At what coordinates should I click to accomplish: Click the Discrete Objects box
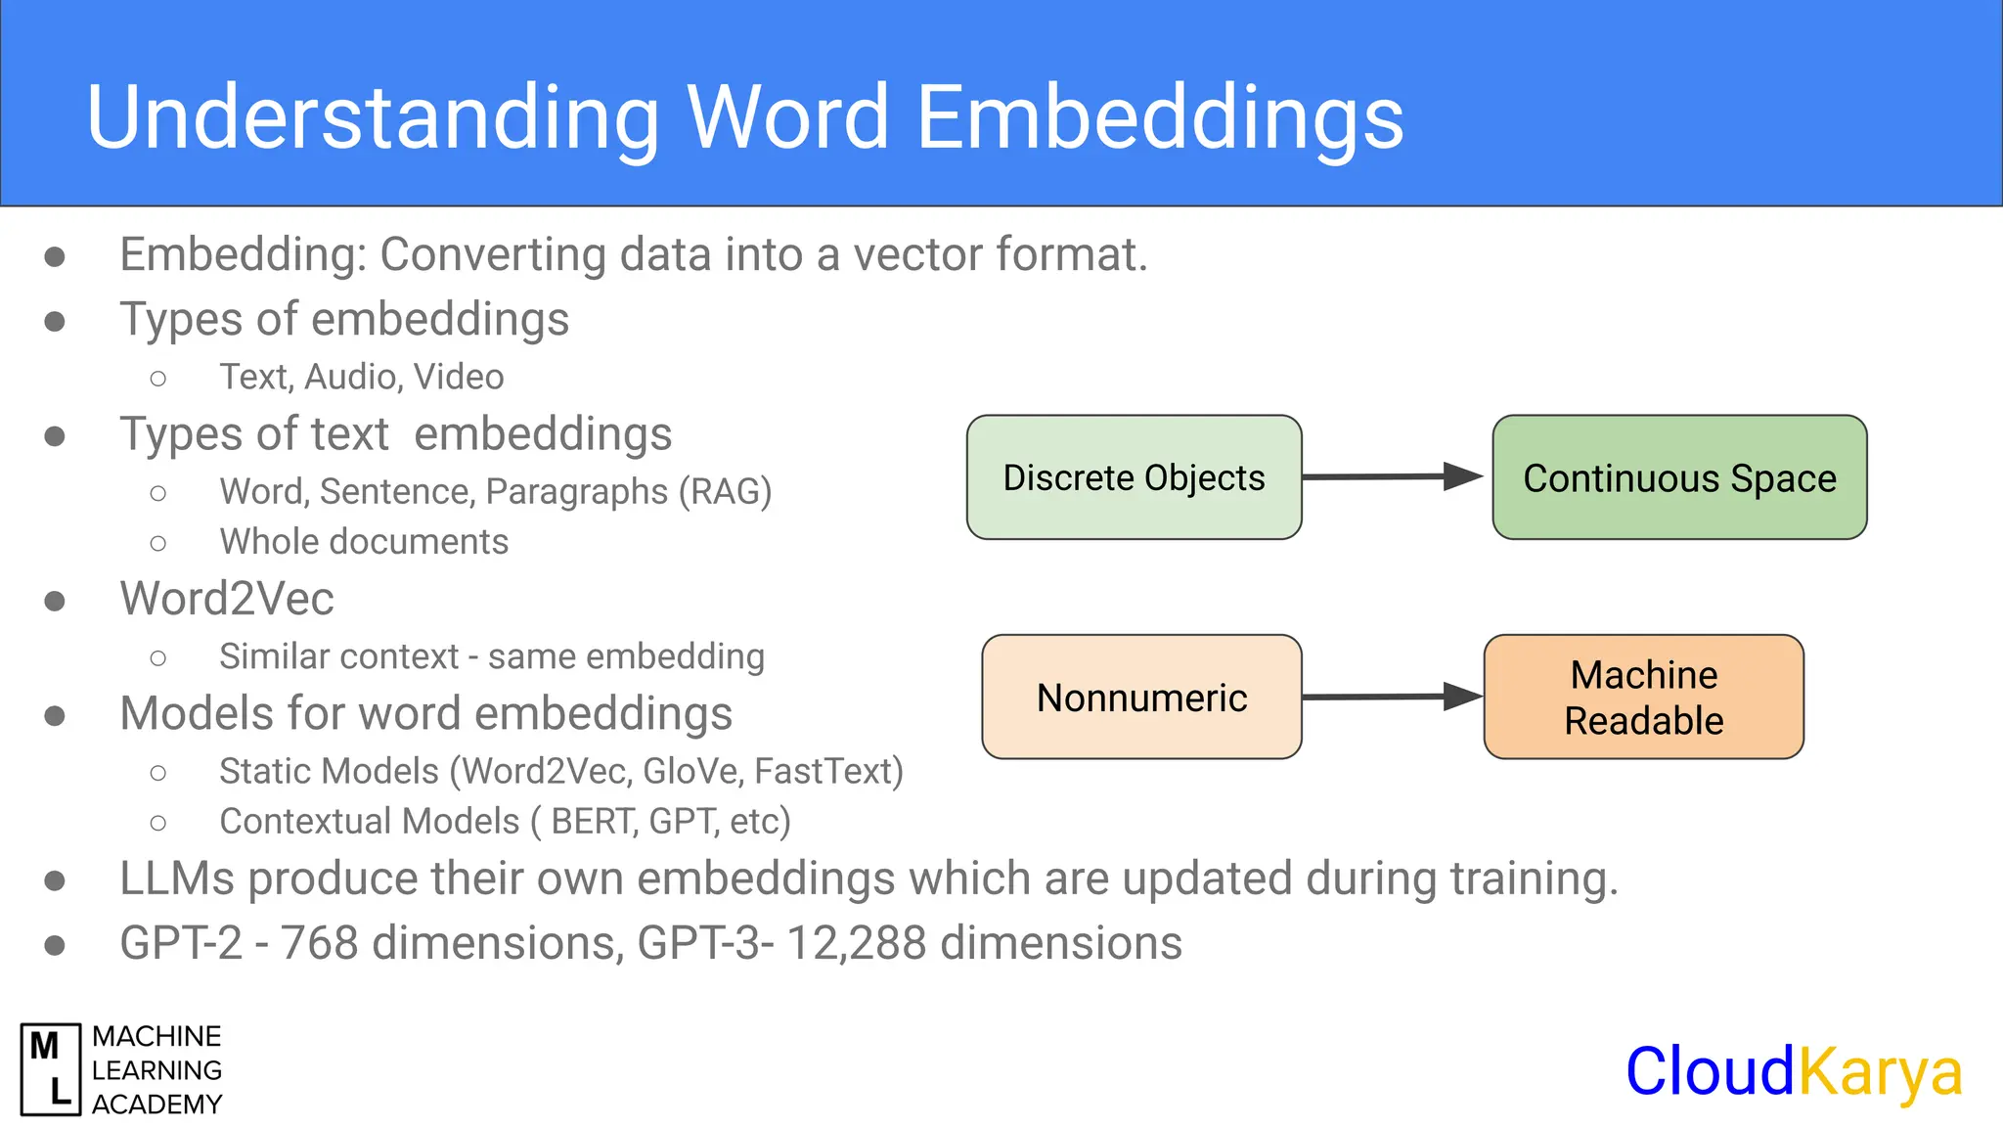[x=1134, y=477]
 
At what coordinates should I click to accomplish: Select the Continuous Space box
[x=1678, y=477]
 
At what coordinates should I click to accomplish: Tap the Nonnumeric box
[x=1140, y=697]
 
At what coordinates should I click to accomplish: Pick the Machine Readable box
[x=1643, y=697]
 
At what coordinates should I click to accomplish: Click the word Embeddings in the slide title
[x=1160, y=117]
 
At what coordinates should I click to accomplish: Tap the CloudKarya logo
[x=1794, y=1071]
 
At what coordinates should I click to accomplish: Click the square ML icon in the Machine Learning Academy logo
[x=51, y=1069]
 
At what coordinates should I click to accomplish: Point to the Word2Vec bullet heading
[x=227, y=599]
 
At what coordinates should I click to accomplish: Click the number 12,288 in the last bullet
[x=856, y=943]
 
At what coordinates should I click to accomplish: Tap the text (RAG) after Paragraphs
[x=725, y=491]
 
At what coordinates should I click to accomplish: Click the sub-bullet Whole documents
[x=364, y=542]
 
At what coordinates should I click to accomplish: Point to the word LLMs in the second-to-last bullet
[x=177, y=879]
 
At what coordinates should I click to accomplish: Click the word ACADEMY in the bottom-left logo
[x=157, y=1104]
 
